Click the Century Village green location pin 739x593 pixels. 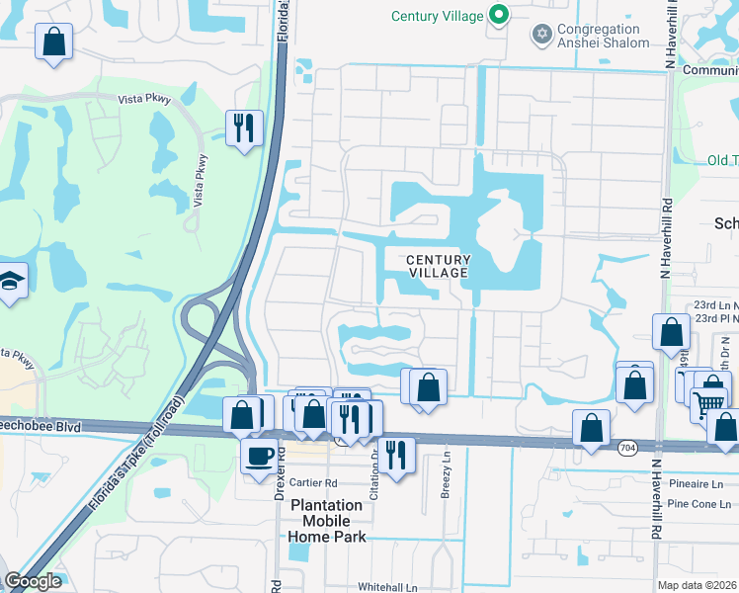pyautogui.click(x=499, y=16)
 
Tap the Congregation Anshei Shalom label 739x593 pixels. pyautogui.click(x=604, y=36)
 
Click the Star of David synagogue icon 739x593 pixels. pyautogui.click(x=540, y=36)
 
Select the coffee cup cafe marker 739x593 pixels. pyautogui.click(x=260, y=456)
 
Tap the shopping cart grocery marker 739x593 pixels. pyautogui.click(x=707, y=401)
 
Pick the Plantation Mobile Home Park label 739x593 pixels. pyautogui.click(x=327, y=520)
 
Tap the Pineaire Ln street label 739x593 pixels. pyautogui.click(x=696, y=484)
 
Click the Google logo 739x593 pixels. pyautogui.click(x=33, y=581)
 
